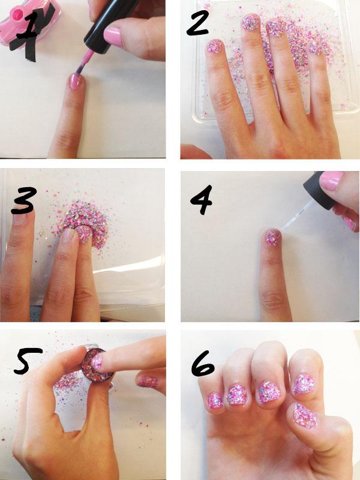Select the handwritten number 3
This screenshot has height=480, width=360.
pos(24,200)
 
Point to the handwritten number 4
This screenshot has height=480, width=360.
pos(201,199)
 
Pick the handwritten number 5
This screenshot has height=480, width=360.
pos(28,361)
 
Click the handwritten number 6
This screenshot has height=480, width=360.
pos(203,364)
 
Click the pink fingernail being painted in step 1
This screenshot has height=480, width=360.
pos(76,82)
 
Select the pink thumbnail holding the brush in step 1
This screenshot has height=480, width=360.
pos(113,37)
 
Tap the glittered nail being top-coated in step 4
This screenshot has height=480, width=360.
pos(273,238)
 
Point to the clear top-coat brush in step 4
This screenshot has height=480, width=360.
pos(294,218)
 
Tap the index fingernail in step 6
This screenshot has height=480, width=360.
pos(304,384)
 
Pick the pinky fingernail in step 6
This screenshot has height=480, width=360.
pos(215,400)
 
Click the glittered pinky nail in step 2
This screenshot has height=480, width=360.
pos(214,47)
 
